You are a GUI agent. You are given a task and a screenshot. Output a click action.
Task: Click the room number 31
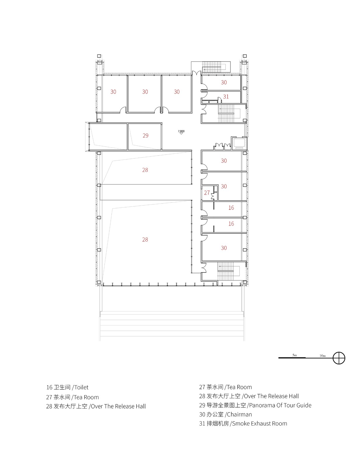tap(226, 96)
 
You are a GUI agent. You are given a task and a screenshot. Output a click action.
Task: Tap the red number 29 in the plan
tap(145, 136)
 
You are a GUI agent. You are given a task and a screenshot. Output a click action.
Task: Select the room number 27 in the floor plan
tap(207, 193)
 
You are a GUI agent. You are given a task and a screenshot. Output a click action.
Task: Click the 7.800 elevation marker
tap(181, 132)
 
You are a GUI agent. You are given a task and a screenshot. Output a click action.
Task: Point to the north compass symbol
tap(339, 358)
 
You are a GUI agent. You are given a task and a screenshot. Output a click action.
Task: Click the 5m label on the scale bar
tap(294, 355)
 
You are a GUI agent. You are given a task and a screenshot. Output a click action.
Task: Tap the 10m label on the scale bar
tap(322, 356)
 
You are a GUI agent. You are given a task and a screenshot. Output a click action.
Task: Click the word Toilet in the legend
tap(81, 387)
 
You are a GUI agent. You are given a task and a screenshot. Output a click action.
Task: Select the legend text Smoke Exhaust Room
tap(259, 423)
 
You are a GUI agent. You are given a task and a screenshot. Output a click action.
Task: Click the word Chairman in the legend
tap(239, 414)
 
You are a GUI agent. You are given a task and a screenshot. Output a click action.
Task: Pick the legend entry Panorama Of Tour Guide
tap(280, 405)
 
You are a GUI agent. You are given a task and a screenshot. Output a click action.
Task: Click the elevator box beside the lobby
tap(239, 143)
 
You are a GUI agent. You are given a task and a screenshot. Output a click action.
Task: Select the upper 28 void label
tap(145, 170)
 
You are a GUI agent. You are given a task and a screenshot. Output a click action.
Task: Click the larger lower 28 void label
tap(145, 239)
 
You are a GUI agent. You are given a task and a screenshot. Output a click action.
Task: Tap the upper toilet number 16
tap(231, 208)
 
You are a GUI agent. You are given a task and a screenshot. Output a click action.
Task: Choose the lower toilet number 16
tap(231, 224)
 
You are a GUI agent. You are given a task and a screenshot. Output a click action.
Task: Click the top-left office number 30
tap(113, 92)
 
